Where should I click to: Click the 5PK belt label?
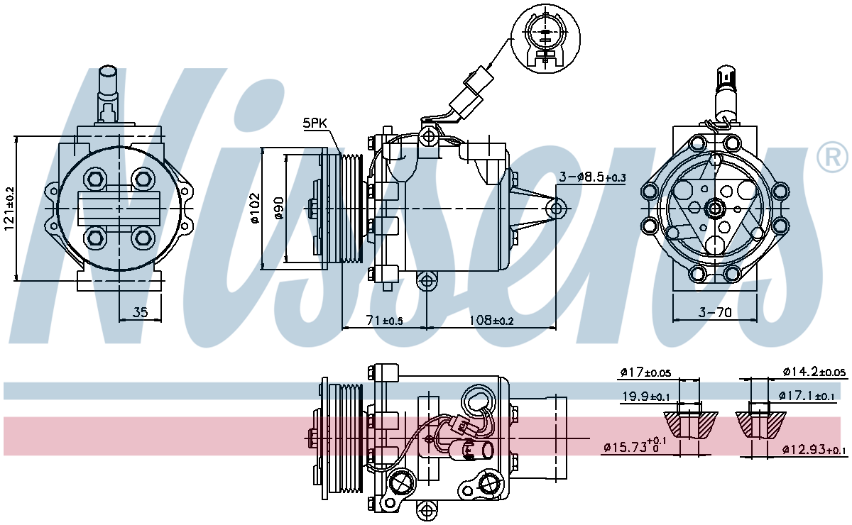(x=315, y=123)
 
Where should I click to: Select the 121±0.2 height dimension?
(x=9, y=209)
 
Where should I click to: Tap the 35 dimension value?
(x=140, y=312)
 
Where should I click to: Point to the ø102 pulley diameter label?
(x=255, y=209)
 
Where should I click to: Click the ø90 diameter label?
(x=279, y=208)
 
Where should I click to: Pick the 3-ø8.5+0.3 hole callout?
(x=592, y=177)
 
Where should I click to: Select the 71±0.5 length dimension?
(x=384, y=321)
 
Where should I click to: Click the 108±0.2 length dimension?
(x=491, y=321)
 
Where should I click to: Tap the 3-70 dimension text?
(x=715, y=312)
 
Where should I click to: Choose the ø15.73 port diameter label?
(x=635, y=446)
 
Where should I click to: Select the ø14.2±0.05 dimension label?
(x=814, y=372)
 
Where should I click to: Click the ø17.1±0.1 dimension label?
(x=807, y=396)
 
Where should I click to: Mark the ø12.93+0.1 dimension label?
(x=814, y=450)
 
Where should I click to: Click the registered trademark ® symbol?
(x=833, y=157)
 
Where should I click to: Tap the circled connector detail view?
(x=545, y=39)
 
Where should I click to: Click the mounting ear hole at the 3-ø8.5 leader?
(x=556, y=209)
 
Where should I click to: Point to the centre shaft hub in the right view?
(x=715, y=209)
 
